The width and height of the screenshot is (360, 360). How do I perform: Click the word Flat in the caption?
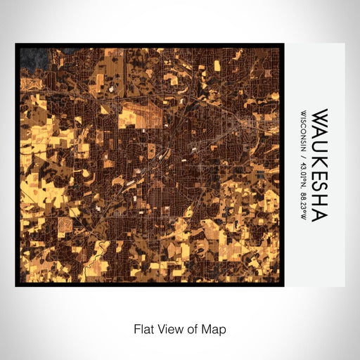(143, 329)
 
